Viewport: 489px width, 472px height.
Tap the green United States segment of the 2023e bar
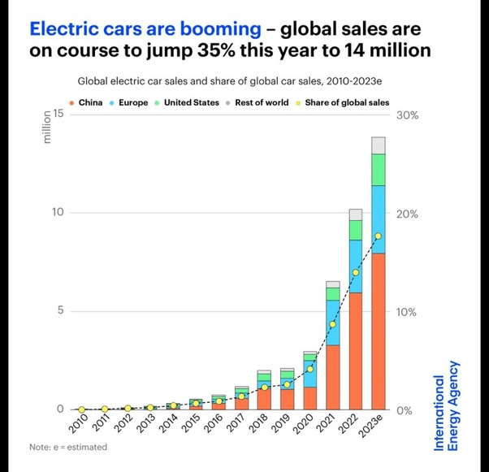(378, 169)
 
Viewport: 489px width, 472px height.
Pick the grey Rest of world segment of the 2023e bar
(378, 145)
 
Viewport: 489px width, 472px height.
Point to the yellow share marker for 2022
(355, 272)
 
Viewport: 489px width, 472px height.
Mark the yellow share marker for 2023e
(378, 236)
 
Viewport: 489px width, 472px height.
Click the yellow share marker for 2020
(309, 369)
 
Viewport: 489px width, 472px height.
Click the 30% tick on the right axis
(407, 115)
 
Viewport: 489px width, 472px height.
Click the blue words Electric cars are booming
(145, 29)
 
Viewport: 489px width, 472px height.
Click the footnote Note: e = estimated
(67, 447)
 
